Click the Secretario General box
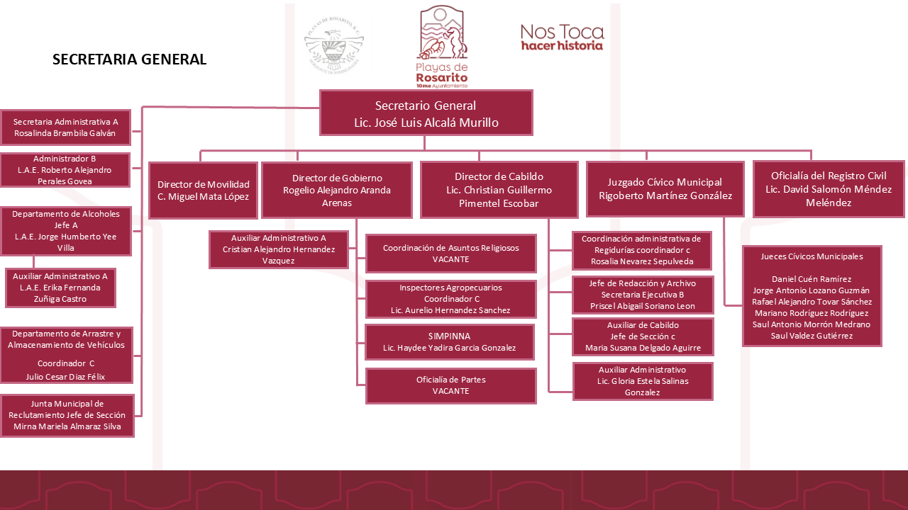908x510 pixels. [426, 113]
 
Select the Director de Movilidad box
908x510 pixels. [203, 191]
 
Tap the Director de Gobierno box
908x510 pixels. [337, 191]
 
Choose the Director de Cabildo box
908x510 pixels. [499, 190]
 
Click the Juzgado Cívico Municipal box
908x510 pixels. [665, 189]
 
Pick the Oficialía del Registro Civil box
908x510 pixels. [829, 189]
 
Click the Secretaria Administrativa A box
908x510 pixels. [65, 127]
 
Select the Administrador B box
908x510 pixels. [65, 170]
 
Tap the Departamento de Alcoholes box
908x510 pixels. [66, 231]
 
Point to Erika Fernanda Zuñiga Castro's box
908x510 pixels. [60, 288]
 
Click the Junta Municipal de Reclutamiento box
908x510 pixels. [67, 415]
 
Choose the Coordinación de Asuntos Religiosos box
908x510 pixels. [450, 254]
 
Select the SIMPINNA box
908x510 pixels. [450, 342]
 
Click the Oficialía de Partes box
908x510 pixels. [450, 386]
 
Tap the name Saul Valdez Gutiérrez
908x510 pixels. [812, 336]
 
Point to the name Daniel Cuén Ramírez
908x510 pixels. [812, 279]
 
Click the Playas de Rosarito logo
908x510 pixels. [442, 47]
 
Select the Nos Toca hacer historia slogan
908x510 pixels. [563, 38]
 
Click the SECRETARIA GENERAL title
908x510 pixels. [129, 59]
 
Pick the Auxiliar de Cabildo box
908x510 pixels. [643, 336]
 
